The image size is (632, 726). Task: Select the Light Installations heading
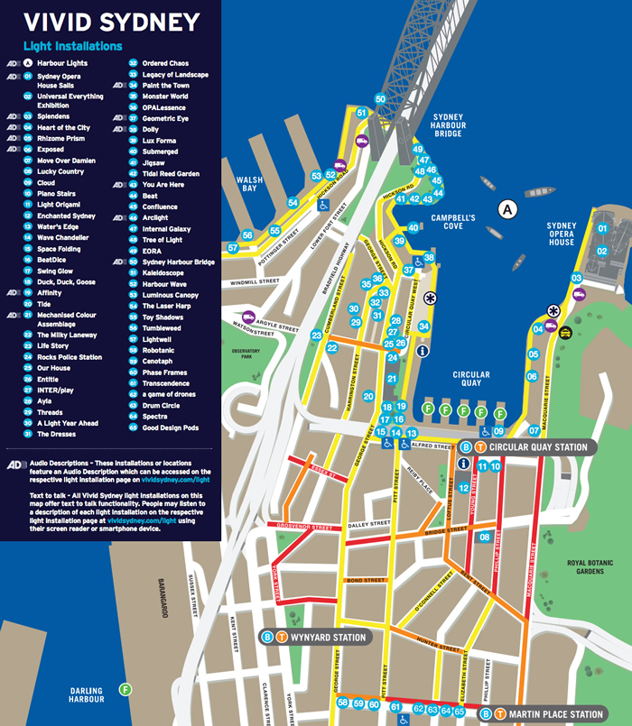[72, 46]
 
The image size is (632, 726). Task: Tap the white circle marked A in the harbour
[508, 209]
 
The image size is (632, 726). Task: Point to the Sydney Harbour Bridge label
[448, 125]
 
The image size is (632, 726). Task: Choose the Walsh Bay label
[249, 186]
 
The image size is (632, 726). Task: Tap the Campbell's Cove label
[453, 223]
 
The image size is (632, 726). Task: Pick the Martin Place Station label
[555, 714]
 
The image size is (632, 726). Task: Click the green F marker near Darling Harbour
[126, 689]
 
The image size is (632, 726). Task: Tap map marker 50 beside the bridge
[380, 98]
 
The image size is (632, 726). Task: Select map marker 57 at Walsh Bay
[233, 247]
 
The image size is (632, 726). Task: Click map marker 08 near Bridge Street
[484, 538]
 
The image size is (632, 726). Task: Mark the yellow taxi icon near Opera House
[564, 332]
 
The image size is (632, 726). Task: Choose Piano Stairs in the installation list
[55, 194]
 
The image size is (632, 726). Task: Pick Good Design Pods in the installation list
[170, 427]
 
